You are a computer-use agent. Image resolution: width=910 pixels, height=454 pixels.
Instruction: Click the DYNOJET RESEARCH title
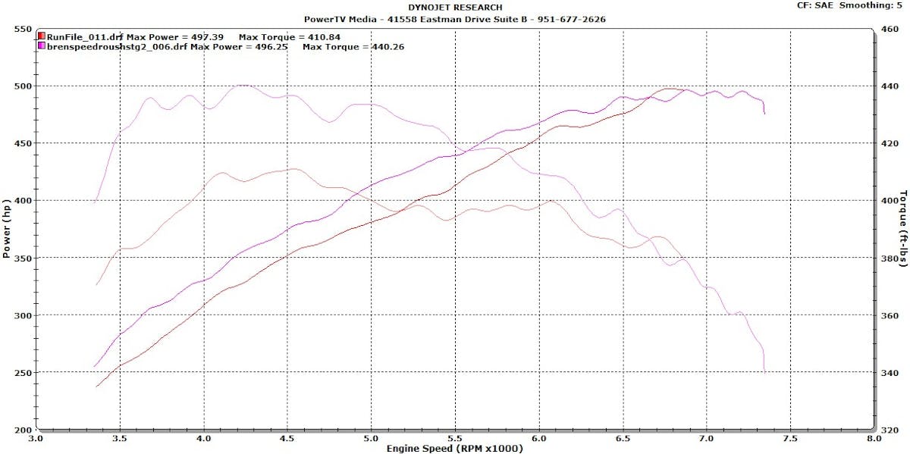click(x=455, y=8)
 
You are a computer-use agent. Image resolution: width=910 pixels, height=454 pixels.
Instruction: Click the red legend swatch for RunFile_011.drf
click(x=41, y=36)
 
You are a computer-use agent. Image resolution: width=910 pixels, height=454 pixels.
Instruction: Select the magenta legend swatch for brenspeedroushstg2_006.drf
click(x=41, y=46)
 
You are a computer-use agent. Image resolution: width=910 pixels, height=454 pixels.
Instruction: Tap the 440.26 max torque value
click(x=387, y=46)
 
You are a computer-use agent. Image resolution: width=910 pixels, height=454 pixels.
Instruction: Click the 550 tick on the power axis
click(x=21, y=29)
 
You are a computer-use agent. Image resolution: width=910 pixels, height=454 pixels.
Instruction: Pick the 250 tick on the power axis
click(x=21, y=373)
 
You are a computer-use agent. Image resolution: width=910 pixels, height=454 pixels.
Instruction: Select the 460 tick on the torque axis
click(x=889, y=29)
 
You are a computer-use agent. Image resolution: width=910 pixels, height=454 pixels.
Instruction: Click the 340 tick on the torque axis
click(x=889, y=373)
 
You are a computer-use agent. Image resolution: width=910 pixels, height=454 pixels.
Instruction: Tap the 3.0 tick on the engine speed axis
click(x=36, y=438)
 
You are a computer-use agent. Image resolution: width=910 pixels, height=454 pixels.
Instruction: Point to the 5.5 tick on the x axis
click(x=454, y=438)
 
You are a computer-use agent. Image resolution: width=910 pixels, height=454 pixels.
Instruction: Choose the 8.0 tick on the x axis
click(x=874, y=438)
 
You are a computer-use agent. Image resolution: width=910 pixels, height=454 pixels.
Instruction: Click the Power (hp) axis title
click(x=7, y=230)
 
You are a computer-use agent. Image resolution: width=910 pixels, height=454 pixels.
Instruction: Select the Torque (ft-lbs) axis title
click(x=902, y=230)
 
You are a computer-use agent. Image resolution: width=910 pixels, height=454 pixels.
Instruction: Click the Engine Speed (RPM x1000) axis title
click(x=454, y=448)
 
